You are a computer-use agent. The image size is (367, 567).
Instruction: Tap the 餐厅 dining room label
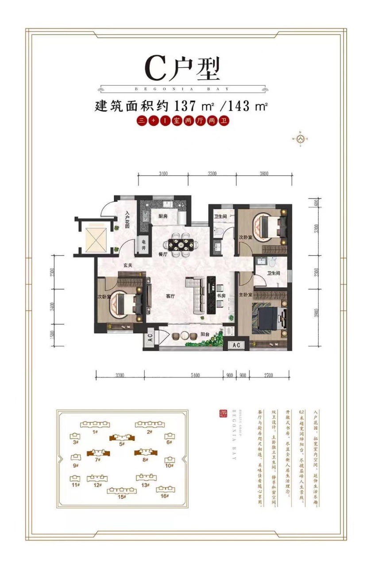click(x=162, y=255)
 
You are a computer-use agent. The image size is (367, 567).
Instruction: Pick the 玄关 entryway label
click(x=128, y=265)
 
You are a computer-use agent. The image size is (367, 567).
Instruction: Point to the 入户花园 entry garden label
click(x=127, y=219)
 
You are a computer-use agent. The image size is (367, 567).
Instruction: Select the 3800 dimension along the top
click(x=264, y=174)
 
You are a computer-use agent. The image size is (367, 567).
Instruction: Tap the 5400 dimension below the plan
click(x=195, y=376)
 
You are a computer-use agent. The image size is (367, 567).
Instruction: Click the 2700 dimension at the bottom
click(x=269, y=376)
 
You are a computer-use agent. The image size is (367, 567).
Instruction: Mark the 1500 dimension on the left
click(x=52, y=337)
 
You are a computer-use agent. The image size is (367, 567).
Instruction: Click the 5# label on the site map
click(x=122, y=444)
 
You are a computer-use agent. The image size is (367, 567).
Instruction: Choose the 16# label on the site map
click(x=165, y=496)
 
